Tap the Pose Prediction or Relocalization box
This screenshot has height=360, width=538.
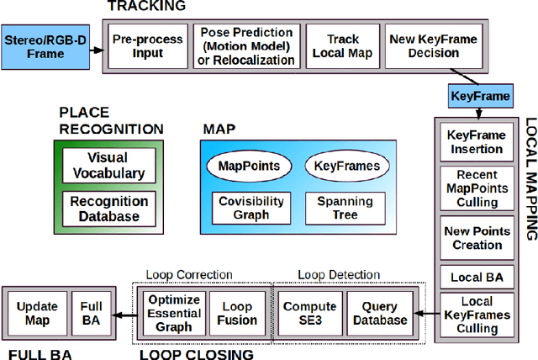[246, 45]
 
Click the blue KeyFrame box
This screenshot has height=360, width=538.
[480, 97]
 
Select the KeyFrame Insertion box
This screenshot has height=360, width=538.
[476, 142]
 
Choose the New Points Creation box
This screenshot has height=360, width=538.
[476, 238]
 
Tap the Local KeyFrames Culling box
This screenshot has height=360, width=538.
[476, 314]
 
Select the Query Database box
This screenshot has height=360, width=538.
[379, 313]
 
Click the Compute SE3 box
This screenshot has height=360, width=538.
[309, 313]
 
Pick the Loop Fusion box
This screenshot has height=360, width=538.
[237, 313]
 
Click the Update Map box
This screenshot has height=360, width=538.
[36, 313]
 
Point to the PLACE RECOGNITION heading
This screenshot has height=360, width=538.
[110, 121]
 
